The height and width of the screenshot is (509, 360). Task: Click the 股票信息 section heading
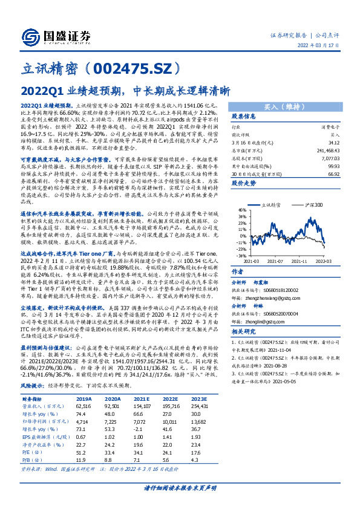(244, 116)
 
